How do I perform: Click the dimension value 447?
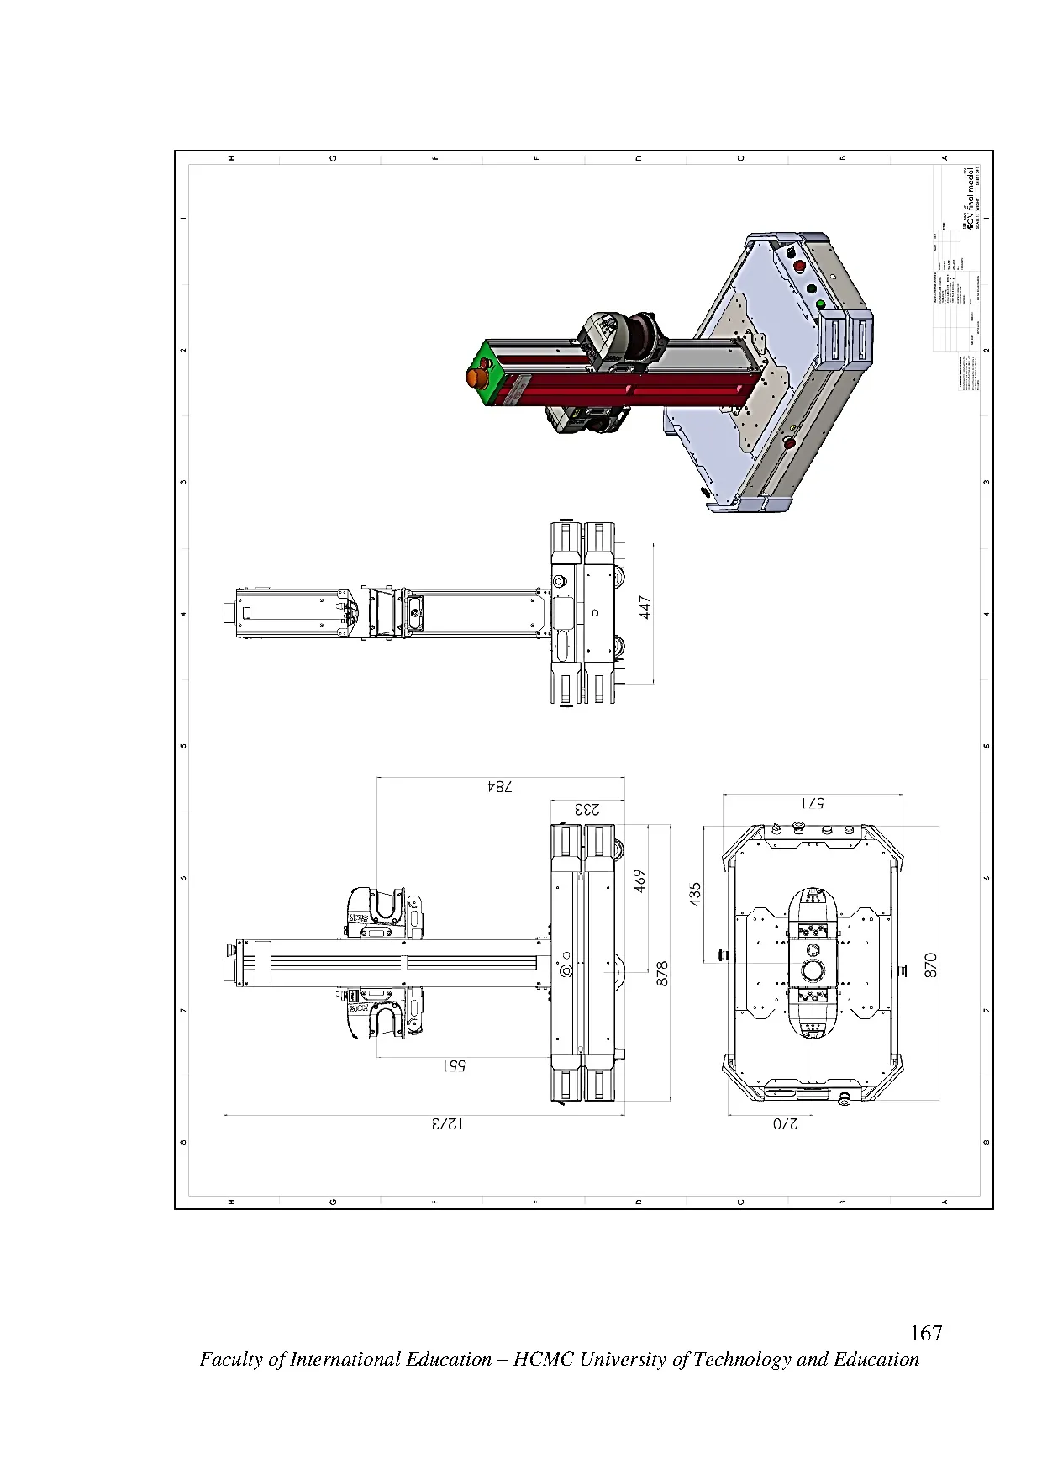point(645,607)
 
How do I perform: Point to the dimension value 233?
point(587,809)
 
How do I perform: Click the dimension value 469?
point(639,881)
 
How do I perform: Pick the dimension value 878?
point(661,974)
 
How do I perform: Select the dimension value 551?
point(454,1065)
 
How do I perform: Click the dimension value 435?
point(695,894)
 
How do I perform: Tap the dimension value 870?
point(930,965)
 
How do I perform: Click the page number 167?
point(926,1333)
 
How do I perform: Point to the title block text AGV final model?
point(973,202)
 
